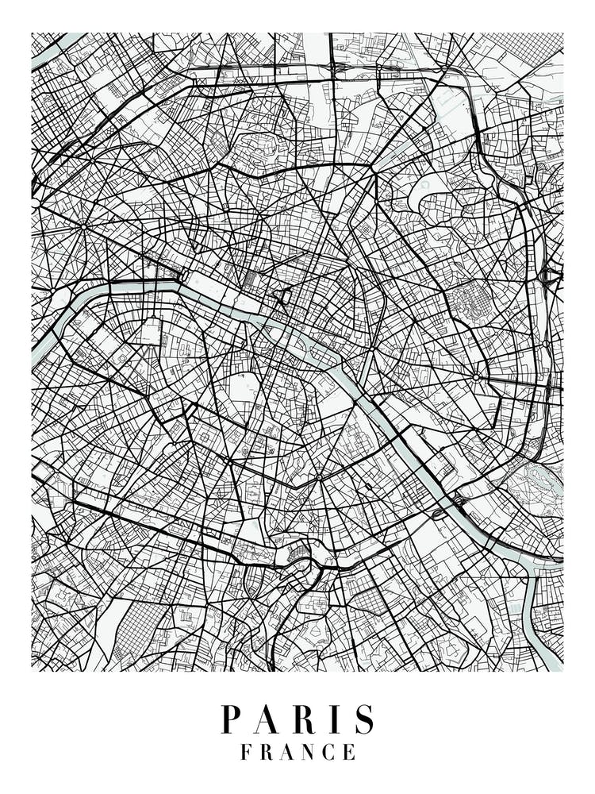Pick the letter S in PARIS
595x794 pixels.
tap(363, 719)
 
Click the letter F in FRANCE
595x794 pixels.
tap(245, 752)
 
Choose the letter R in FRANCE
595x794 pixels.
tap(266, 752)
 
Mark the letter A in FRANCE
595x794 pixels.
tap(287, 752)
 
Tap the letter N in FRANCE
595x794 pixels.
tap(309, 752)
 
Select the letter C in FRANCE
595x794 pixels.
tap(329, 752)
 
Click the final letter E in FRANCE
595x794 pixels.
tap(349, 752)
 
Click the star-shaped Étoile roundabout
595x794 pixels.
tap(83, 226)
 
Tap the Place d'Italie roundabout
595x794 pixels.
tap(318, 478)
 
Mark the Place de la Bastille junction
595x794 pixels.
tap(370, 348)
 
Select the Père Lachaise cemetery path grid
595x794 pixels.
tap(467, 302)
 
